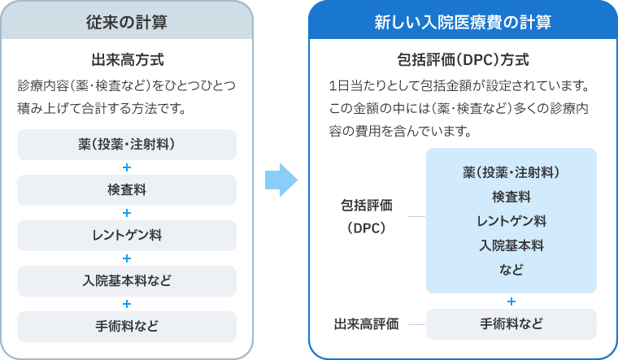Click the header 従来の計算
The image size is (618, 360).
click(x=126, y=22)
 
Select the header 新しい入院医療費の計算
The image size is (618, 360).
click(x=463, y=22)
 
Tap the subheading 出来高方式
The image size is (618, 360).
click(x=126, y=59)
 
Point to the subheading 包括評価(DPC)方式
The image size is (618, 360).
click(x=462, y=60)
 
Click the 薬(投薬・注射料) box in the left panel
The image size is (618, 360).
click(x=126, y=145)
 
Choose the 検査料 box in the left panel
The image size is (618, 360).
click(x=126, y=190)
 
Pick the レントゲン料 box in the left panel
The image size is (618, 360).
click(x=126, y=236)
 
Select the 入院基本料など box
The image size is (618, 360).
click(x=126, y=281)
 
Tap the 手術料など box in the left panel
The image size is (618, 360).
click(x=126, y=327)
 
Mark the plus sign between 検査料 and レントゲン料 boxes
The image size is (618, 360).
click(x=126, y=213)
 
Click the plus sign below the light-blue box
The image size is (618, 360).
click(x=511, y=301)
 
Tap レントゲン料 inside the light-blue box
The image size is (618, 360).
click(x=511, y=220)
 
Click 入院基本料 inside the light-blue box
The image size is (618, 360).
click(x=511, y=245)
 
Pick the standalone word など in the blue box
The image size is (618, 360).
click(x=511, y=269)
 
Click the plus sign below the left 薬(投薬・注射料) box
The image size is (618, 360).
click(x=126, y=168)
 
